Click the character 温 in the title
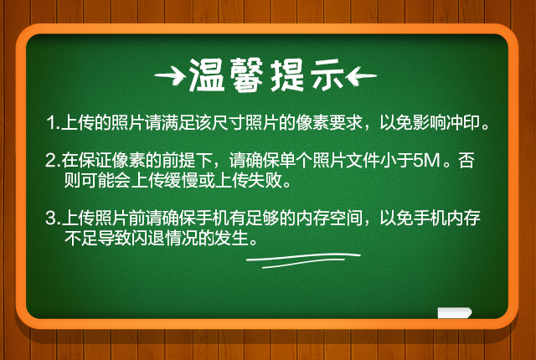point(207,75)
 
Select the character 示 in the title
point(327,75)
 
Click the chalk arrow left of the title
point(170,75)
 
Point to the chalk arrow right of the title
point(361,76)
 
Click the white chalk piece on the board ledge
point(454,312)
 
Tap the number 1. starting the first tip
point(53,123)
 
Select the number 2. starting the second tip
point(53,160)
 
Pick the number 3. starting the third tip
point(53,219)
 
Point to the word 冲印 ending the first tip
point(462,122)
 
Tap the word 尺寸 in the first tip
point(228,122)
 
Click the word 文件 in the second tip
point(363,160)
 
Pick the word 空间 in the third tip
point(346,219)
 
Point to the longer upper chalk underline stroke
point(303,257)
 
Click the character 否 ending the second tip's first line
point(466,160)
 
